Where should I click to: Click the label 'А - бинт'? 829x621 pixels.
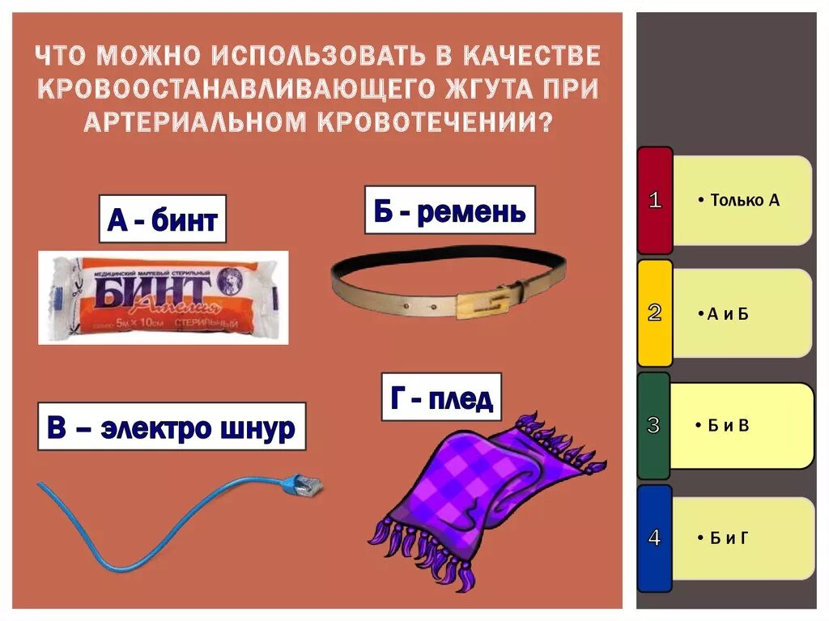[x=162, y=219]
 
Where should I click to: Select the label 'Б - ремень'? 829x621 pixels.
[x=449, y=211]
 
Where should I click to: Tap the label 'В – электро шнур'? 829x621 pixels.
[x=171, y=427]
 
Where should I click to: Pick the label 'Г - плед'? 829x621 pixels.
[x=441, y=398]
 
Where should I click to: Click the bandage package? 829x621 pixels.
[x=163, y=297]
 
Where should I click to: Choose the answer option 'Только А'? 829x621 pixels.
[x=742, y=201]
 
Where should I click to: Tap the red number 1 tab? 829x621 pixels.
[x=655, y=201]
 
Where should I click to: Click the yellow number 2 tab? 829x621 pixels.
[x=655, y=313]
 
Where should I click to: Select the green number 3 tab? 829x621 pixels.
[x=654, y=425]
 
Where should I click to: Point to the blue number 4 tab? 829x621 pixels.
[x=654, y=538]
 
